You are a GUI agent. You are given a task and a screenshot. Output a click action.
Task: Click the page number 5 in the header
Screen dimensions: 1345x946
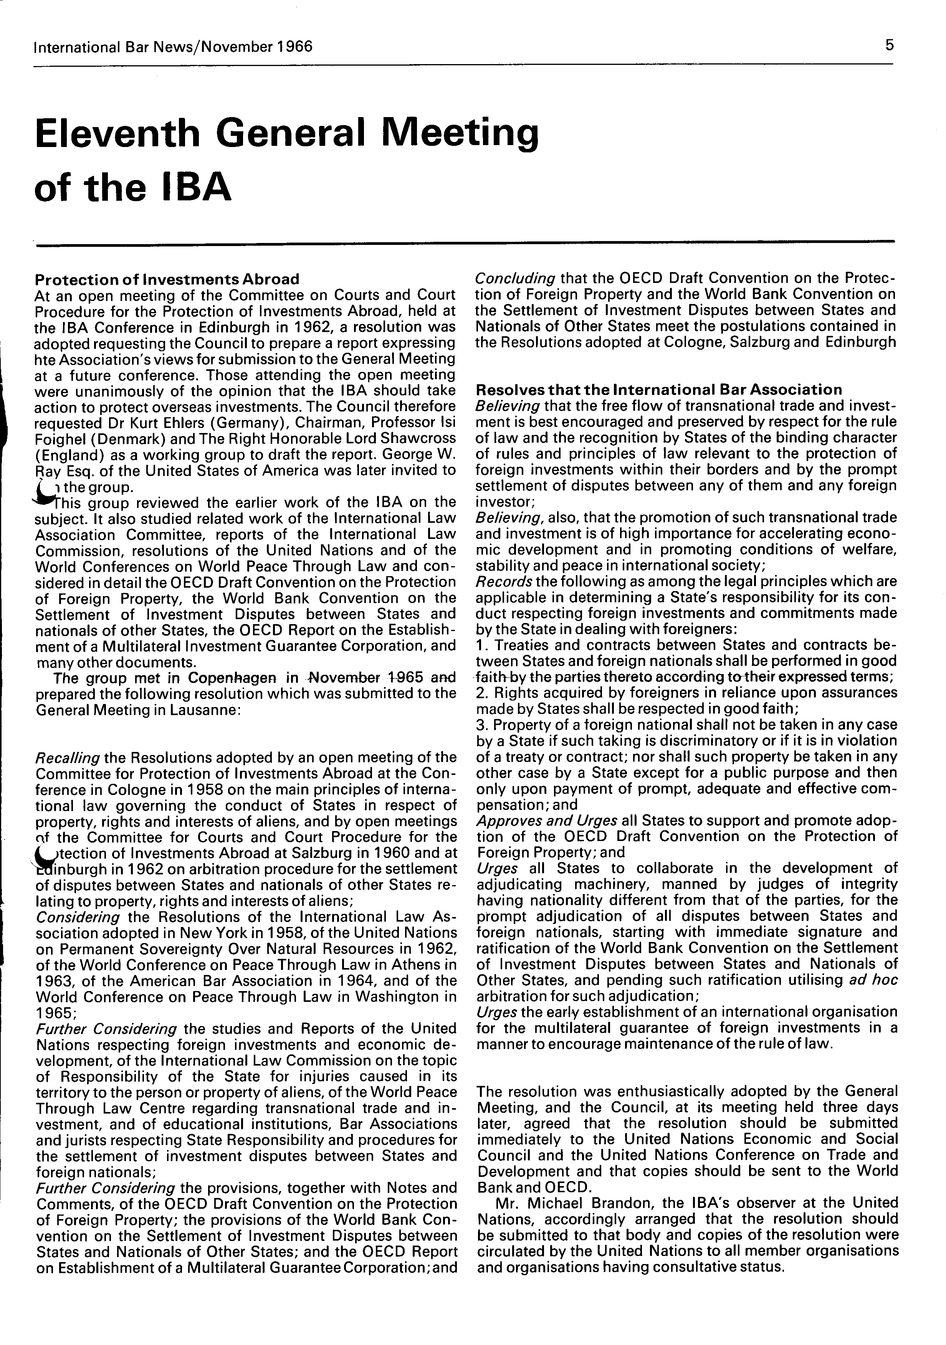[889, 45]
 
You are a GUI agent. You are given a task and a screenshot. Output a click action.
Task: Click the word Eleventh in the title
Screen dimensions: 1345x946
[118, 134]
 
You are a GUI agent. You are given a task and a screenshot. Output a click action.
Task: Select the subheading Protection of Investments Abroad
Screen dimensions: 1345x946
[167, 279]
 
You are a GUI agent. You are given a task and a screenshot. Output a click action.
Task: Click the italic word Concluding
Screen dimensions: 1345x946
[515, 278]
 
